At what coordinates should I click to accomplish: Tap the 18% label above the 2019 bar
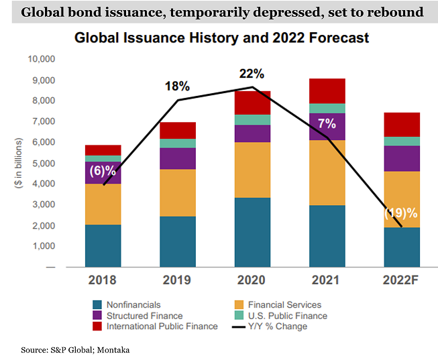[178, 86]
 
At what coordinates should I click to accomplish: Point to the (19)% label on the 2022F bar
[400, 214]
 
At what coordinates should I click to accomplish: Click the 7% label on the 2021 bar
[326, 123]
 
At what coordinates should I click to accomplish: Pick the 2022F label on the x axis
[401, 281]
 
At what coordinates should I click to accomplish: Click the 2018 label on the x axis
[103, 281]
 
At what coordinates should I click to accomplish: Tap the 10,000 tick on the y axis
[41, 59]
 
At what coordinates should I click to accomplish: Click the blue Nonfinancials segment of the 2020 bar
[252, 232]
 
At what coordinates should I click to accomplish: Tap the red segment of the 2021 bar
[327, 91]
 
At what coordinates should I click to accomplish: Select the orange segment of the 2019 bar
[177, 192]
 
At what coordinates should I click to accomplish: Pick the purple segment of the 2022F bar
[401, 158]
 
